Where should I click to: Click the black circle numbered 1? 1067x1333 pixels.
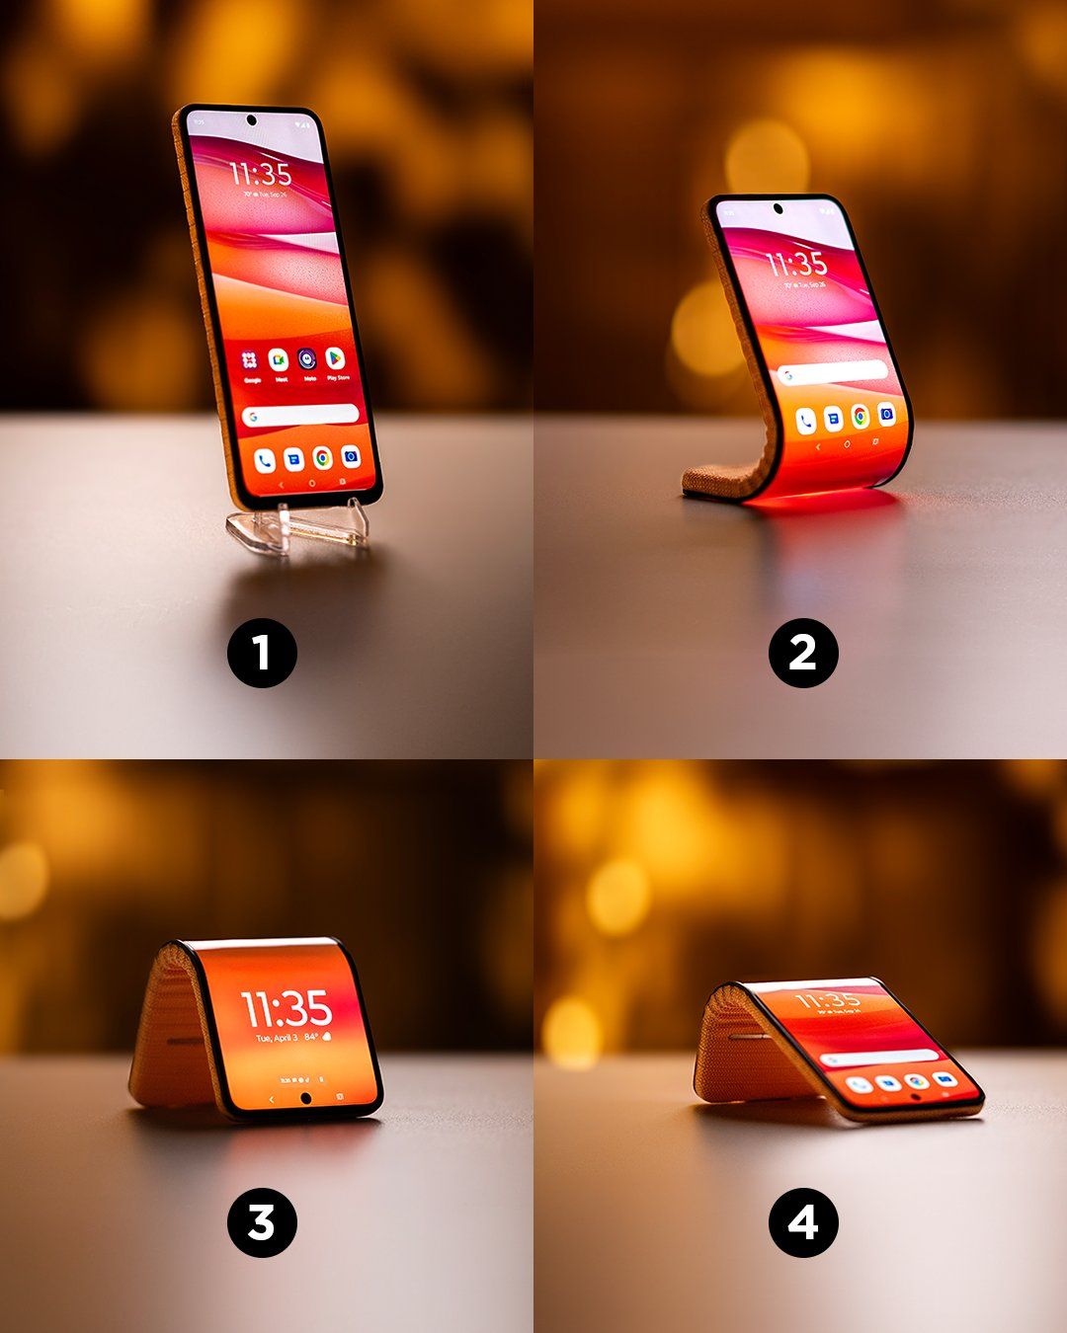[262, 653]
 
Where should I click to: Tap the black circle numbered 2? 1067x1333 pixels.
[803, 653]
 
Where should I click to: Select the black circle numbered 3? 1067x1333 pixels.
[262, 1222]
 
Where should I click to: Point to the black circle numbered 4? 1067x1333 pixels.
[803, 1222]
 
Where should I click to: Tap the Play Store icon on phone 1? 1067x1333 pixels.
[336, 359]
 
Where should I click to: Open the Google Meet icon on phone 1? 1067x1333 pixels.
[280, 360]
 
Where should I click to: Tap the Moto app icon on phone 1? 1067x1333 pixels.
[308, 359]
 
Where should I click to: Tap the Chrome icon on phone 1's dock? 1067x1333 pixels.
[322, 457]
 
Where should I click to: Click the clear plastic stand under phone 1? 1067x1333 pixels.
[296, 528]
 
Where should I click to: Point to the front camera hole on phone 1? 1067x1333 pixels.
[251, 120]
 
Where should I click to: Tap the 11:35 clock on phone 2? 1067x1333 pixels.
[796, 264]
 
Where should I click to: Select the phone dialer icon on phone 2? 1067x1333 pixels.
[806, 421]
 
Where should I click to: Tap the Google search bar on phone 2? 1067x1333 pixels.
[832, 372]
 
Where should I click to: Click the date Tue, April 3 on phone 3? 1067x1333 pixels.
[278, 1039]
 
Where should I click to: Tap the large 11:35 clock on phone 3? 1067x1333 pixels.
[287, 1009]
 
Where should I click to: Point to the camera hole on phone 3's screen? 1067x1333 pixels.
[305, 1099]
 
